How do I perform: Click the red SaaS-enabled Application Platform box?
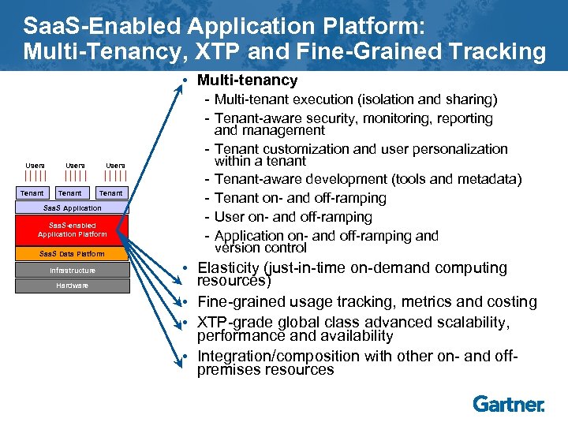coord(72,230)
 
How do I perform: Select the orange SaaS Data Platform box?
coord(72,253)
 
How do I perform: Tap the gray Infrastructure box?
coord(72,271)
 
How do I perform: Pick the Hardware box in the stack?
coord(72,285)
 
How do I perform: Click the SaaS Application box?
coord(72,208)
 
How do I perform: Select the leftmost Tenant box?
coord(32,193)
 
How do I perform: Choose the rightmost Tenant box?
coord(111,193)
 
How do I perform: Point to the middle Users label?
coord(75,165)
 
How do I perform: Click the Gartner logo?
coord(508,404)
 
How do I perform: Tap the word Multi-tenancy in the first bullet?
coord(247,80)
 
